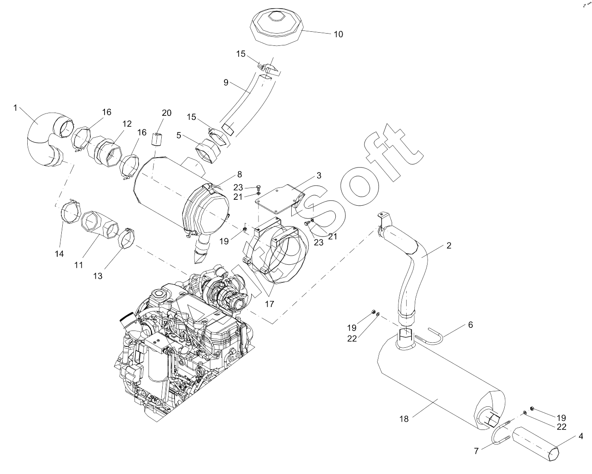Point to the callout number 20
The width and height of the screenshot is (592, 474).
click(x=167, y=113)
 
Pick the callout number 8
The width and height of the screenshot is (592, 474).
click(x=239, y=174)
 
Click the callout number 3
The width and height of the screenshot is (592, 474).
click(x=319, y=176)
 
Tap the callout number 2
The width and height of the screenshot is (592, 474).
click(x=449, y=246)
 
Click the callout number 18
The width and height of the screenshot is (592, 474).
click(x=404, y=419)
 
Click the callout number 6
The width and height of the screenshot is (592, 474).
click(x=471, y=325)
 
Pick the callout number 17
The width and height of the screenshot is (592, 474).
click(x=269, y=304)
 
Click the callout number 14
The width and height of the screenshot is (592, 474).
click(x=60, y=254)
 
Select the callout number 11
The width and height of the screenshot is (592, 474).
click(x=79, y=264)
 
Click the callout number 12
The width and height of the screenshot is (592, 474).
click(x=127, y=123)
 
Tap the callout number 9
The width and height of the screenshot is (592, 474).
click(x=225, y=83)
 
